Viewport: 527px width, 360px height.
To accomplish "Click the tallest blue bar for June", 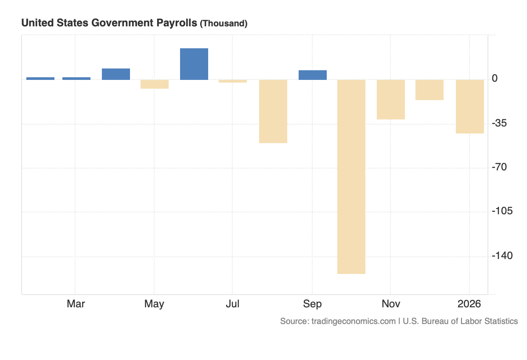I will [194, 64].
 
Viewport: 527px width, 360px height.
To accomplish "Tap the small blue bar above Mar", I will [76, 79].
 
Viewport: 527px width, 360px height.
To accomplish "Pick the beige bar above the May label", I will [155, 84].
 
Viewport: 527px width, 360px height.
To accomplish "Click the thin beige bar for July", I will [233, 81].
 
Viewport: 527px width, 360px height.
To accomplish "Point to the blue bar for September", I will [312, 75].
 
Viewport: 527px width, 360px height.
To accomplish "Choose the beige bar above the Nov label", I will [390, 100].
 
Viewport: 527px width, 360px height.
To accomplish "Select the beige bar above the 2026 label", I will [469, 106].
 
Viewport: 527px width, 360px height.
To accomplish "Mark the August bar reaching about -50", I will [273, 111].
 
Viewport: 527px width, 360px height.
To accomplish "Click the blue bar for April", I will [116, 74].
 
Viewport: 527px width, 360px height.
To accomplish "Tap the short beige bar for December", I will [430, 90].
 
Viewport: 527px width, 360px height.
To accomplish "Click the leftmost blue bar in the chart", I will [40, 79].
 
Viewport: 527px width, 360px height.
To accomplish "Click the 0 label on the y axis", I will [495, 79].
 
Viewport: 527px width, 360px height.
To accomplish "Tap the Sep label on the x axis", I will [312, 304].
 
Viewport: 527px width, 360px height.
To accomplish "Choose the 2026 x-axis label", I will [469, 304].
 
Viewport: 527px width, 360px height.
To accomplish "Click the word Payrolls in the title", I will [174, 23].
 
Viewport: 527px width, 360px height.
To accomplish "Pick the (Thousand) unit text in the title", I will [224, 24].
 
